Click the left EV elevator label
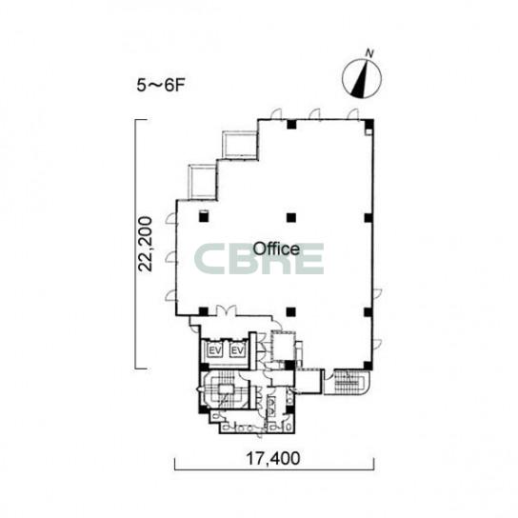point(215,350)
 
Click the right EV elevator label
point(237,350)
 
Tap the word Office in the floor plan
point(276,249)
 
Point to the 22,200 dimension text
point(145,244)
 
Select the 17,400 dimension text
point(273,458)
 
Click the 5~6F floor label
point(160,86)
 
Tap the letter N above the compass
point(369,53)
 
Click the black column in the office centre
point(291,217)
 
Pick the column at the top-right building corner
point(369,124)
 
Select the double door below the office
point(227,310)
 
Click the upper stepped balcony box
point(240,145)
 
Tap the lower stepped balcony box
point(202,182)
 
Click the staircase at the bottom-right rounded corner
point(347,382)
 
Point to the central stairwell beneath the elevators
point(226,389)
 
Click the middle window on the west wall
point(171,257)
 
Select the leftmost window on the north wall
point(276,113)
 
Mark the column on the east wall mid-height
point(369,218)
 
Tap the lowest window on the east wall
point(377,345)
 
